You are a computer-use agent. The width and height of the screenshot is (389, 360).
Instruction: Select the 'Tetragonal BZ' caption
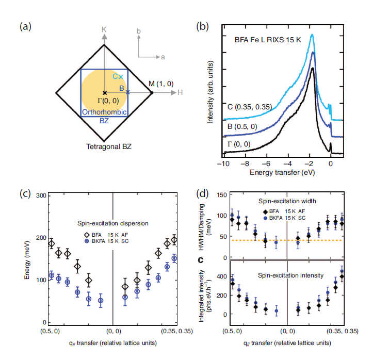click(109, 146)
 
